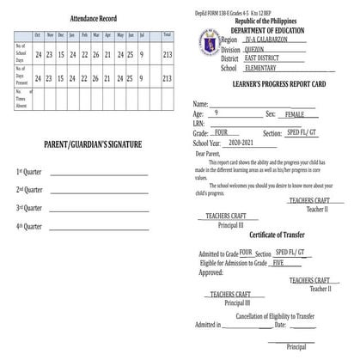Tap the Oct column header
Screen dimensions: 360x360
[39, 34]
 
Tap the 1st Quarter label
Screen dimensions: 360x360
[29, 171]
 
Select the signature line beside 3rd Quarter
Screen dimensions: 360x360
[99, 209]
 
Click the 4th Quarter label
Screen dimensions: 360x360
[29, 226]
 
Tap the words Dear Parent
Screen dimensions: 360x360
[209, 154]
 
